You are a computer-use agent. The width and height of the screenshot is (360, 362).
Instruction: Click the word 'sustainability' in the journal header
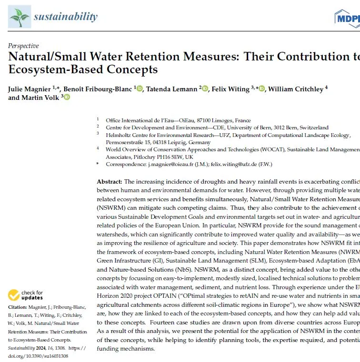point(65,17)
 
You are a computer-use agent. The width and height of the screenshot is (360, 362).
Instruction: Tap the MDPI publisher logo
point(347,18)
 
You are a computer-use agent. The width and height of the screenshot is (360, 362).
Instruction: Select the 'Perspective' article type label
point(23,46)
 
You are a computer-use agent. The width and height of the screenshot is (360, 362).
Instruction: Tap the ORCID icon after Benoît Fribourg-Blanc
point(140,88)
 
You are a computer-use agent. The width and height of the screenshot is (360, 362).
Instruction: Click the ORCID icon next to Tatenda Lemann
point(205,88)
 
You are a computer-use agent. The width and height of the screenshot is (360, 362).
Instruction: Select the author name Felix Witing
point(231,89)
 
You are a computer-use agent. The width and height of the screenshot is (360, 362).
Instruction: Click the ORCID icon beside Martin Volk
point(66,98)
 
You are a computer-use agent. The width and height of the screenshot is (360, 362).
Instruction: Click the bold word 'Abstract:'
point(110,182)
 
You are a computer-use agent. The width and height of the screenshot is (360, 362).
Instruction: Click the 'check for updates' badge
point(29,294)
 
